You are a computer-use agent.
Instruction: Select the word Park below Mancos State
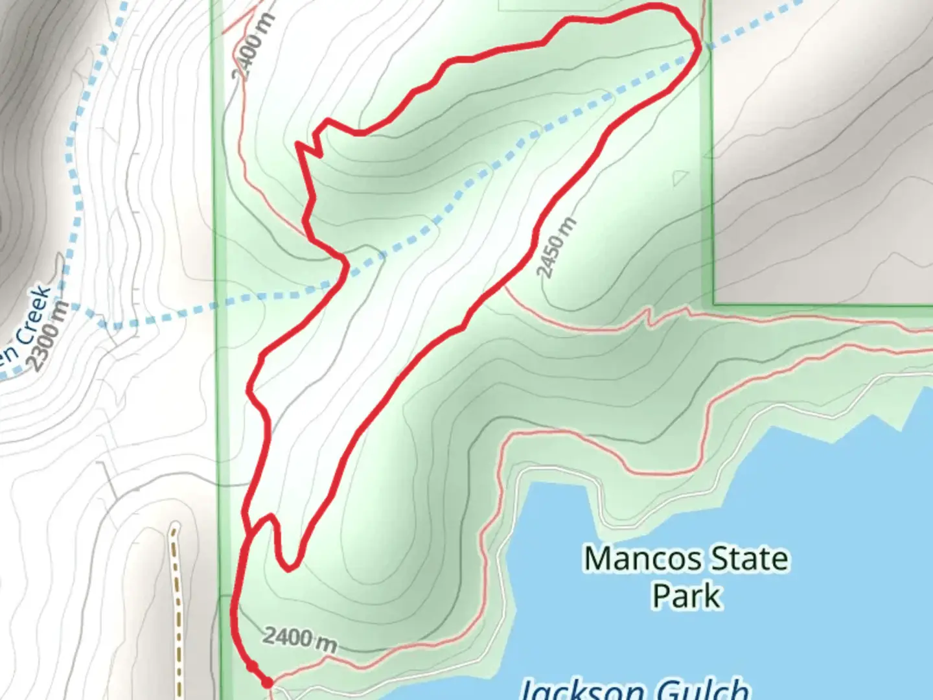pyautogui.click(x=686, y=596)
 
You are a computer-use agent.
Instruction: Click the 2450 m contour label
pyautogui.click(x=556, y=248)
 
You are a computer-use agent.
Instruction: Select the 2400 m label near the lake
pyautogui.click(x=299, y=639)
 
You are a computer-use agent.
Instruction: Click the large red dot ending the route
pyautogui.click(x=266, y=682)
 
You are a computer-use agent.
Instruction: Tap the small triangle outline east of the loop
pyautogui.click(x=680, y=177)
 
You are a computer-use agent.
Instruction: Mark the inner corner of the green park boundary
pyautogui.click(x=714, y=303)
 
